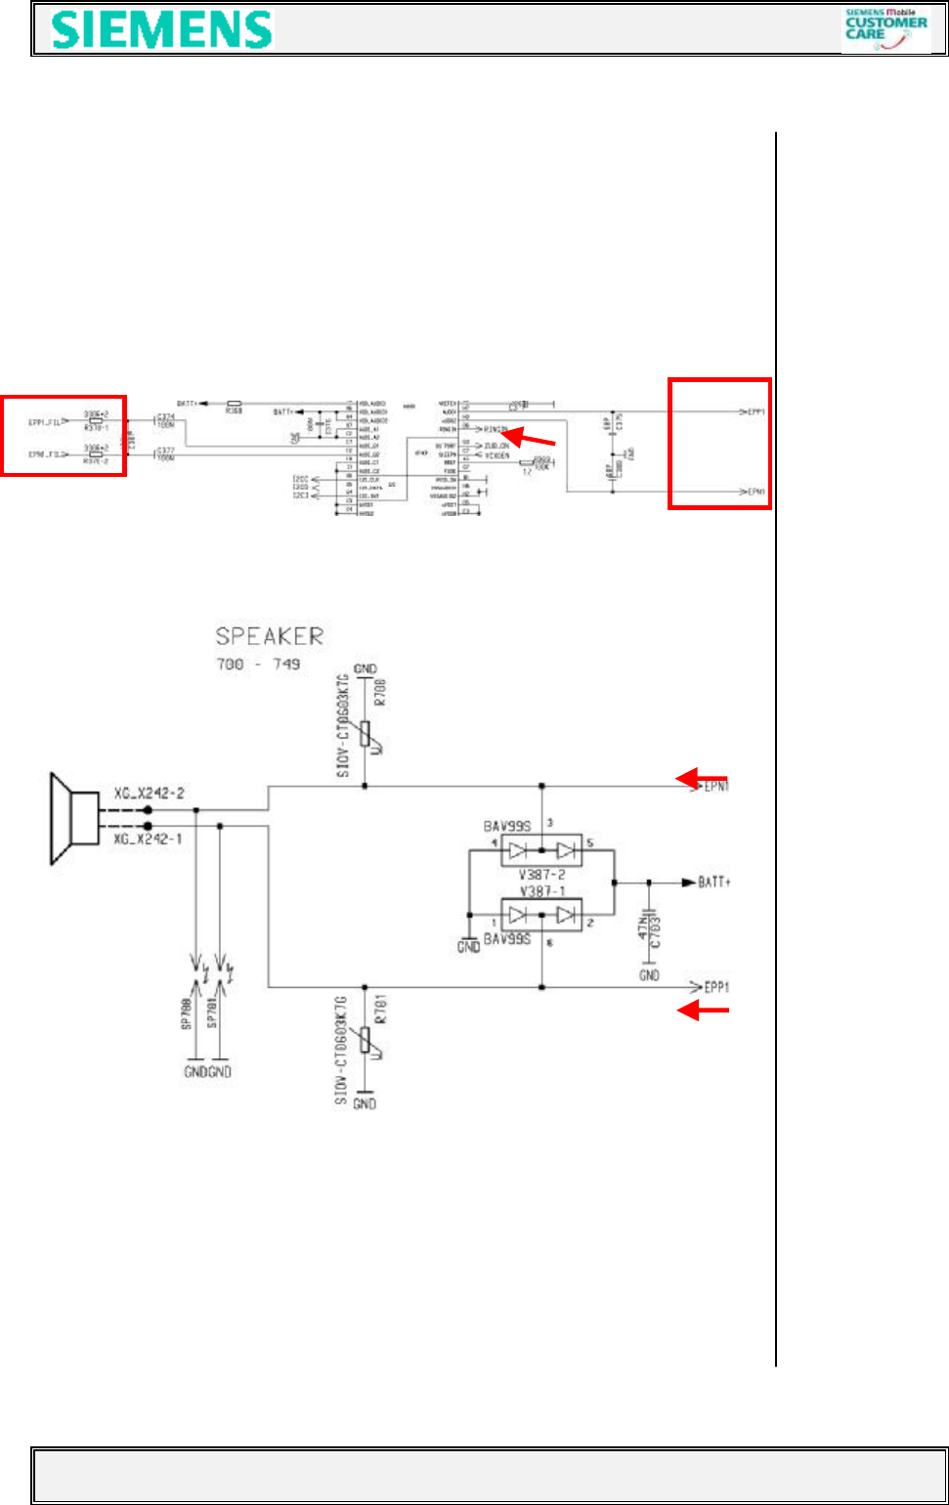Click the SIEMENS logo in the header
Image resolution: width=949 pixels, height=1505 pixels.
tap(162, 30)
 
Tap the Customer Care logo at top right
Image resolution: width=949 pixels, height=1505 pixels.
tap(885, 29)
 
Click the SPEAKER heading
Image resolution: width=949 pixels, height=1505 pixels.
tap(269, 637)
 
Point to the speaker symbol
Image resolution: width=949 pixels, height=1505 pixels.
tap(74, 819)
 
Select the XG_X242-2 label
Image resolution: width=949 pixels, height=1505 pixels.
tap(148, 795)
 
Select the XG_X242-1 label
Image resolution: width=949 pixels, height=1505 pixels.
tap(148, 838)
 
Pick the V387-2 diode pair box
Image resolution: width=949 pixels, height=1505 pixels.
tap(540, 850)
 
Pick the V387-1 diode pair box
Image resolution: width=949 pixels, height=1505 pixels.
tap(540, 915)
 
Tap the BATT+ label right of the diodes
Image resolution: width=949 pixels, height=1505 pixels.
tap(714, 881)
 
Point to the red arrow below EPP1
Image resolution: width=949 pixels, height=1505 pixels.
tap(704, 1010)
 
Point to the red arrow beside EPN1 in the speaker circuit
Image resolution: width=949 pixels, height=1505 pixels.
tap(702, 778)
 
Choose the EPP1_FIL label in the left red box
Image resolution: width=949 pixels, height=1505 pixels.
tap(45, 422)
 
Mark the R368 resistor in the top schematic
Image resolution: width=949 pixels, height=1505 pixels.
tap(234, 403)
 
